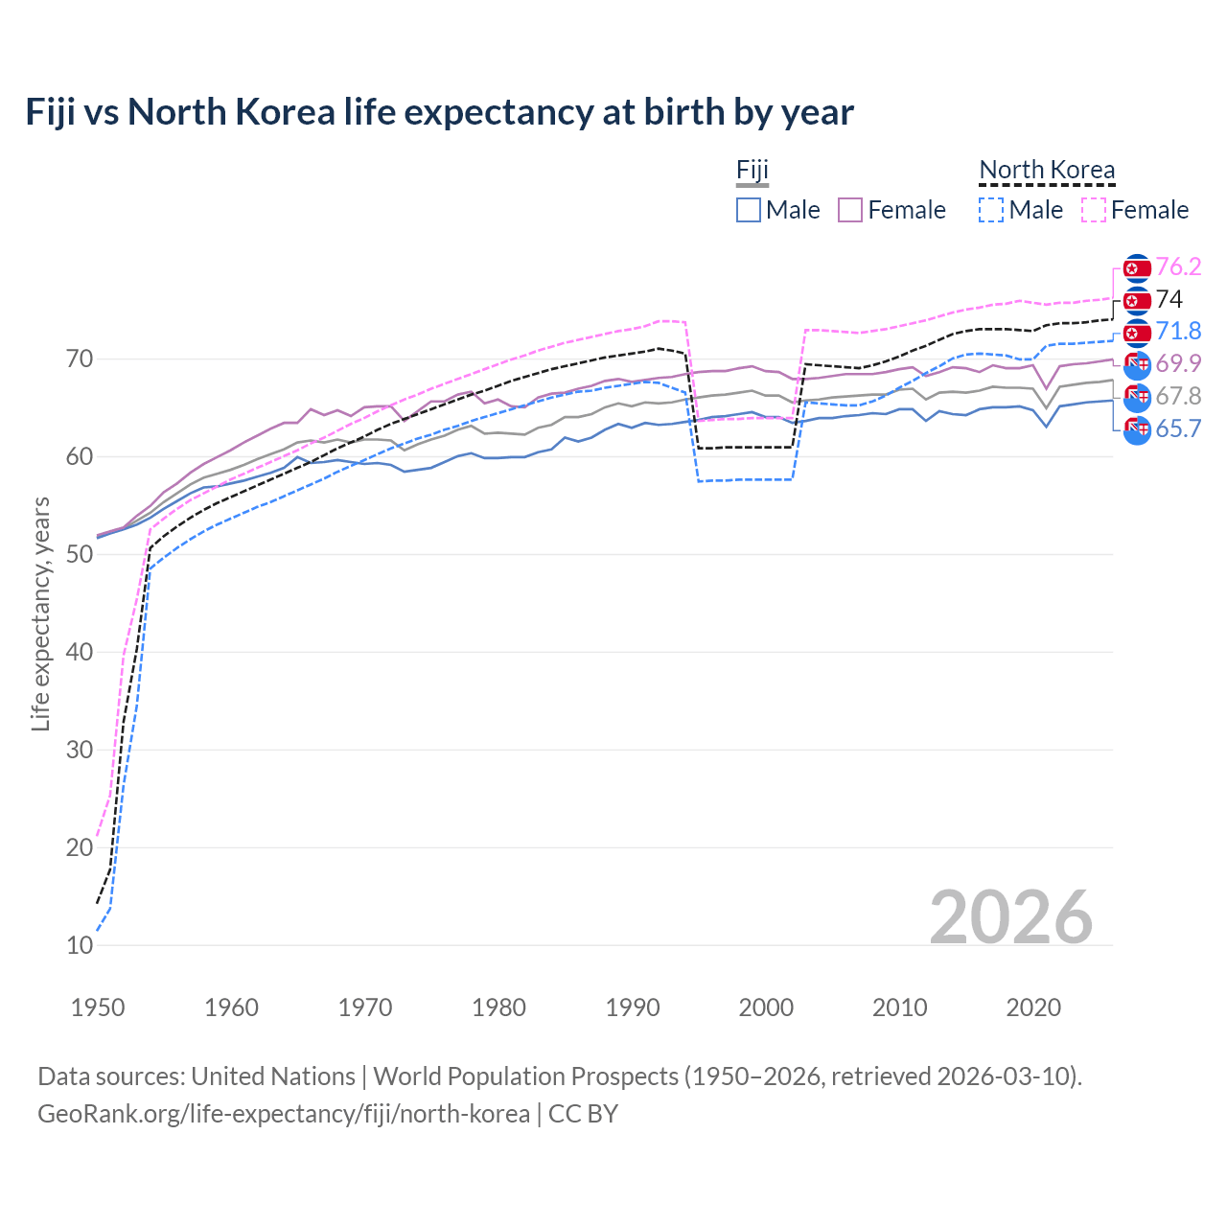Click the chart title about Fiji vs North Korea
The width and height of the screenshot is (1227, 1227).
click(439, 112)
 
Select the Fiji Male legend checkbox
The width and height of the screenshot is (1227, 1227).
click(749, 210)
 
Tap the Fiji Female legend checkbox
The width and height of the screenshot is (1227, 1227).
click(850, 210)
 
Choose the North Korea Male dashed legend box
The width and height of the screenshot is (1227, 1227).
click(992, 210)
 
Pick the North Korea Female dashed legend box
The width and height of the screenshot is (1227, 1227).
click(1094, 210)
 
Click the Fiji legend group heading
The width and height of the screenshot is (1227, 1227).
click(752, 171)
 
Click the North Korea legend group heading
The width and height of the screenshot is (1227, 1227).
click(1047, 171)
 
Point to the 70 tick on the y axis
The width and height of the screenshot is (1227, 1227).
click(80, 359)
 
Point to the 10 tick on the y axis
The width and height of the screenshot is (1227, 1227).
click(80, 945)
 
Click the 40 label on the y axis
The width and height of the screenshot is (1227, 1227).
click(80, 652)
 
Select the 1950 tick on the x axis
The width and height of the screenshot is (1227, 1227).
click(98, 1007)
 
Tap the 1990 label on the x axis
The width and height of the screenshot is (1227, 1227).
click(633, 1007)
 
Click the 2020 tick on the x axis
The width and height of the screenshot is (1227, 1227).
click(1033, 1007)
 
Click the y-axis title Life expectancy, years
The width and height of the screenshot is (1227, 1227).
click(40, 613)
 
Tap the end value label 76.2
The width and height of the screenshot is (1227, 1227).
click(1178, 266)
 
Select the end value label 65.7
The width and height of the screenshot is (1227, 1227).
click(1178, 428)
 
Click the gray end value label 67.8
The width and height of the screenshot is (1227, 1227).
click(1178, 396)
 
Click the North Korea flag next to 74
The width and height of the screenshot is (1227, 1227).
click(1137, 301)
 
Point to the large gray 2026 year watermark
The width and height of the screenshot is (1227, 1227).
click(1011, 917)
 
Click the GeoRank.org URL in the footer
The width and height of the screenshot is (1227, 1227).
click(284, 1113)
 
